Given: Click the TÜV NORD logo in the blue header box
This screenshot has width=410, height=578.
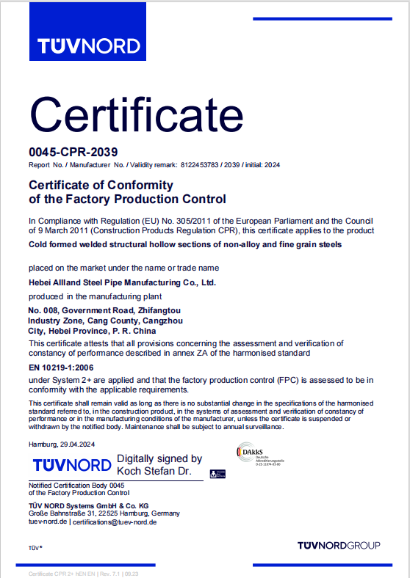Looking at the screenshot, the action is coord(89,46).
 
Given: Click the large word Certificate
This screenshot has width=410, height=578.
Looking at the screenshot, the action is coord(137,114).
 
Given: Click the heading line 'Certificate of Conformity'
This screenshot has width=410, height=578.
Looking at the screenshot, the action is coord(101,185).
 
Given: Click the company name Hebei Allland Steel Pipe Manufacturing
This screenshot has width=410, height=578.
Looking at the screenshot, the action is coord(122,282).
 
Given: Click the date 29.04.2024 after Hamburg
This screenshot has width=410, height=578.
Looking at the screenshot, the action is coord(84,444).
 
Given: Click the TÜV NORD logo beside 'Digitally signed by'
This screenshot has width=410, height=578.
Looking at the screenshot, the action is coord(72,465).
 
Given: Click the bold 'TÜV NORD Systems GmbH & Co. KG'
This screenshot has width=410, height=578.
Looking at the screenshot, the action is coord(89,505).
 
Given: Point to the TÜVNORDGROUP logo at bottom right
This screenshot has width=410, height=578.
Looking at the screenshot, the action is coord(339,545).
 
